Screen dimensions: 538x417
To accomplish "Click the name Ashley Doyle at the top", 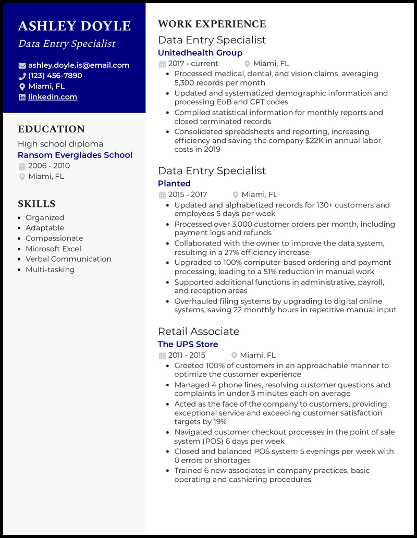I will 74,26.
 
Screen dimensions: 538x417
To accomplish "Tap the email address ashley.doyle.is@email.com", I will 78,65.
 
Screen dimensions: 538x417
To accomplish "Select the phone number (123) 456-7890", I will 55,76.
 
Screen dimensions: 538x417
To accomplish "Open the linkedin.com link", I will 53,97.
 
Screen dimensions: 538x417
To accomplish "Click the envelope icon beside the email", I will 22,66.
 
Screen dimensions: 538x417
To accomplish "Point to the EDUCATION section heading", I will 51,129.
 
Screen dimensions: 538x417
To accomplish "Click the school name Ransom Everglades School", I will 75,155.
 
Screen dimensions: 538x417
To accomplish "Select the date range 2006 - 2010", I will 49,166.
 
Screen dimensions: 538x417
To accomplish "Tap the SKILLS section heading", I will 36,204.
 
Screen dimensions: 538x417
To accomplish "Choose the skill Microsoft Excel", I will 53,249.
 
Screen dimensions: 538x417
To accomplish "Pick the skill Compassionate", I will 54,238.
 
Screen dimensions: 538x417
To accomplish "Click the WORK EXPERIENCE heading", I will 212,24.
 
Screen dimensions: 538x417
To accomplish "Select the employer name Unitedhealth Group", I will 200,53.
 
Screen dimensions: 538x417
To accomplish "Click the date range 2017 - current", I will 193,64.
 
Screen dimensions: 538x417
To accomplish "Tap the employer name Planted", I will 174,184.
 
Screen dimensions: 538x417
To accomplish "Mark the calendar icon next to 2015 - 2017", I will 162,195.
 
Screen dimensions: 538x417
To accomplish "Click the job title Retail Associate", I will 199,332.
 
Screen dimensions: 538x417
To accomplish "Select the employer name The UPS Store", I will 188,344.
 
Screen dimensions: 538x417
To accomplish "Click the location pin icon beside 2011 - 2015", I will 234,356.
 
